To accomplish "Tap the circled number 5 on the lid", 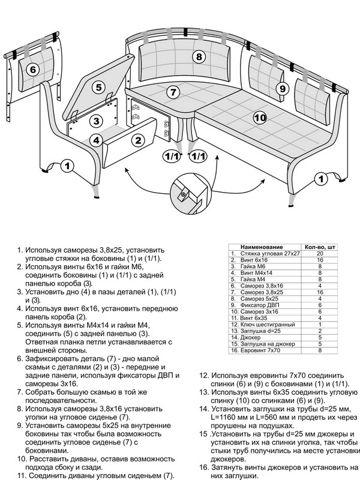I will (x=98, y=86).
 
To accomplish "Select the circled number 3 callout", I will (x=95, y=121).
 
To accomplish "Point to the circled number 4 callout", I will (x=95, y=140).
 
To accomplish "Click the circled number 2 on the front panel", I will (x=139, y=141).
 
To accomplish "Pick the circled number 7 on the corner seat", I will (x=173, y=92).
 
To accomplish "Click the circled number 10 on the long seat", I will (x=260, y=118).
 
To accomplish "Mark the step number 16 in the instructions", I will (x=204, y=467).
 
